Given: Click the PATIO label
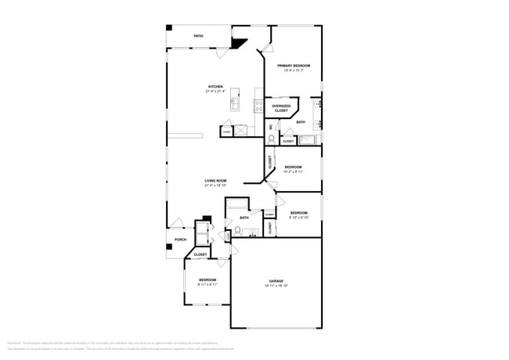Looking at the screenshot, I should click(x=199, y=36).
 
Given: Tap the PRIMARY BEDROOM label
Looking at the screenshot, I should click(x=293, y=66).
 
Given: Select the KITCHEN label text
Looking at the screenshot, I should click(x=215, y=87).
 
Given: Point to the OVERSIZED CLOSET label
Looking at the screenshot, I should click(x=281, y=108).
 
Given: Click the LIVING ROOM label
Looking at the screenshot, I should click(x=215, y=181).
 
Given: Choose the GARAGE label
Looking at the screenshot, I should click(x=276, y=281).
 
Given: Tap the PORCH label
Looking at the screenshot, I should click(x=180, y=239).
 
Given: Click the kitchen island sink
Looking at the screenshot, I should click(x=236, y=103).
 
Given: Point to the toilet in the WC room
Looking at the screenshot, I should click(x=272, y=139).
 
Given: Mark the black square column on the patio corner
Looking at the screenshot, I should click(x=168, y=28).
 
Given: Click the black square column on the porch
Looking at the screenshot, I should click(x=168, y=247).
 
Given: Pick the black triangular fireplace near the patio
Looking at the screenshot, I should click(x=240, y=45).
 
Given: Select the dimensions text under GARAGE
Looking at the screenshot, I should click(x=276, y=286).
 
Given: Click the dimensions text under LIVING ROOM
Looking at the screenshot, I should click(x=215, y=185).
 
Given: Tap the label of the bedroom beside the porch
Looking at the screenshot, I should click(x=208, y=279).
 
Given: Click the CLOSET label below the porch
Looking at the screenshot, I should click(x=200, y=254).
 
